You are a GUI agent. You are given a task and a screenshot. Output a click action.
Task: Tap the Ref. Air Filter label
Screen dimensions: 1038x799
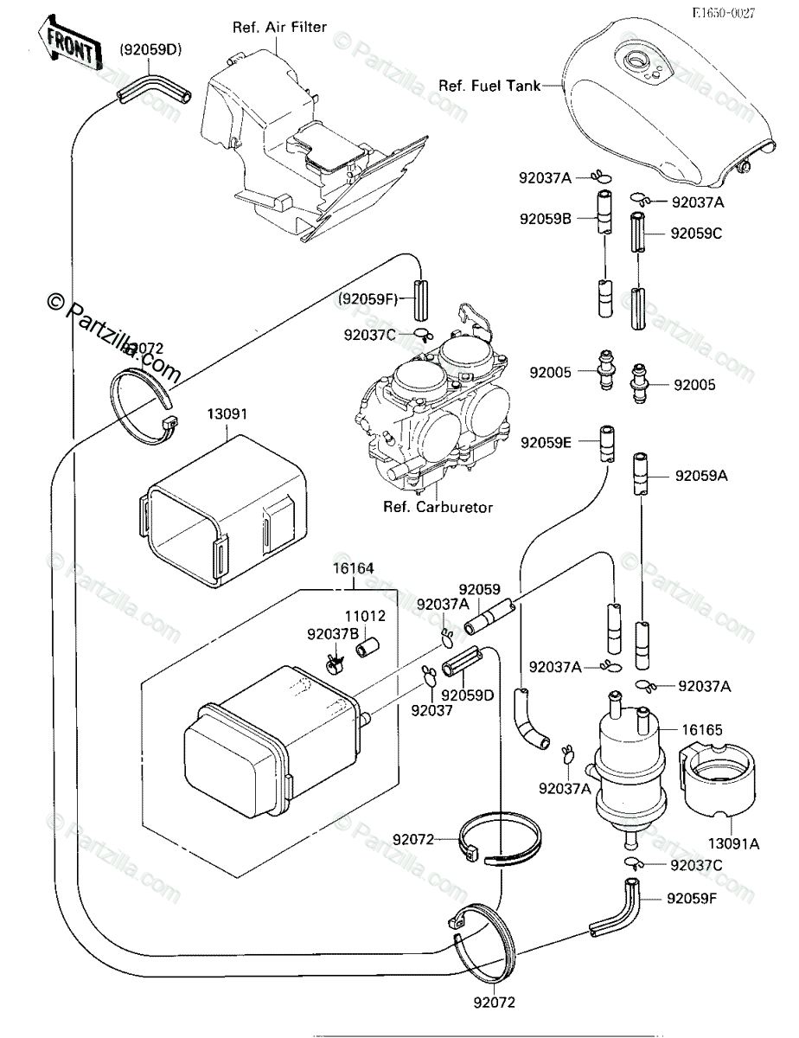coord(279,27)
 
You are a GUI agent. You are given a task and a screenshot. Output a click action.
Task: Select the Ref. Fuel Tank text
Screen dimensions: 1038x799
coord(489,86)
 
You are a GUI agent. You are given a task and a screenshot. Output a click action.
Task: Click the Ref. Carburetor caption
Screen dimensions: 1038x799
coord(438,507)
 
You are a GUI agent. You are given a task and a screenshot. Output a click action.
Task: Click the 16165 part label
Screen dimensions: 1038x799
coord(701,730)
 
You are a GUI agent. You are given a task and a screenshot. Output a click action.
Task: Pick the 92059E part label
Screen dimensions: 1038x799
coord(546,442)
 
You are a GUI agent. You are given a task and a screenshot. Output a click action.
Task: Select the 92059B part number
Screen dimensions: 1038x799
coord(546,219)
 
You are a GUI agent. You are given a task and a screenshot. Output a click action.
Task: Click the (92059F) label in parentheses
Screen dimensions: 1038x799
coord(367,299)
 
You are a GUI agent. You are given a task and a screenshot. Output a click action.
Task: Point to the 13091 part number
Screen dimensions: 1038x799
coord(226,414)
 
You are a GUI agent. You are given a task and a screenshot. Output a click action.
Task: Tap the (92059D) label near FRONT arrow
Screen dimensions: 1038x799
coord(150,50)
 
